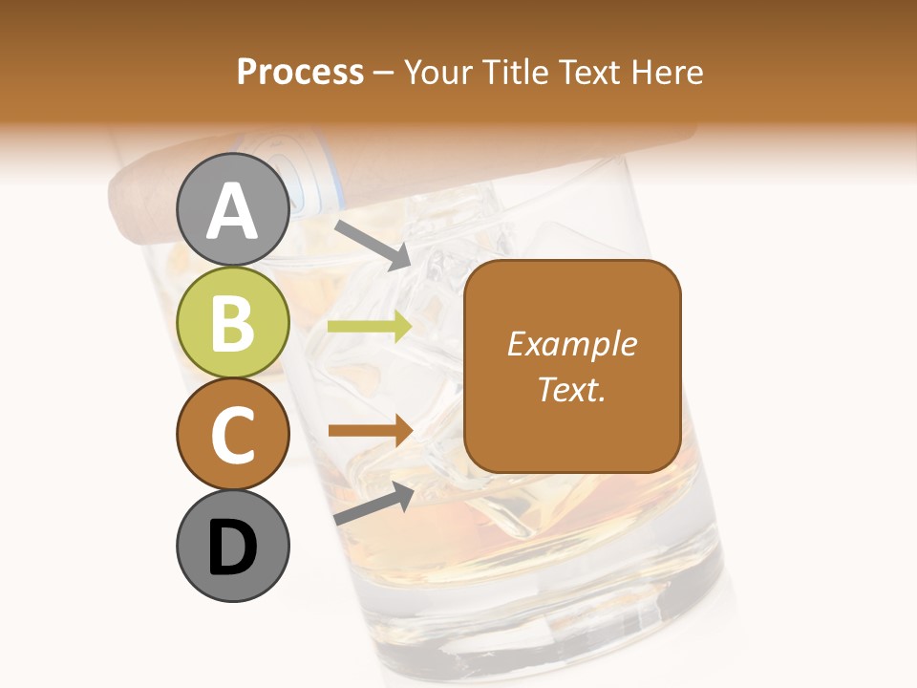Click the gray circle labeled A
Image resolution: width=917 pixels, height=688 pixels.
coord(233,209)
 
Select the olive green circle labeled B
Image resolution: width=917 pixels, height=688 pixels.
coord(233,321)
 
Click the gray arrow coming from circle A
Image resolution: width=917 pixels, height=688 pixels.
coord(373,244)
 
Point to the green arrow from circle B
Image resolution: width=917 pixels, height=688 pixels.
coord(370,327)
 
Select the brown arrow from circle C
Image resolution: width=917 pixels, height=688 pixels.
coord(370,431)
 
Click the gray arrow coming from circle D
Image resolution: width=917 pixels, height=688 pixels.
coord(373,503)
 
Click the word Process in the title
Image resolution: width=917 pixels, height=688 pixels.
coord(300,72)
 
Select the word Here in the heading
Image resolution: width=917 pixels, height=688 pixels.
coord(669,72)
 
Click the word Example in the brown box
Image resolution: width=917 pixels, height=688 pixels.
coord(571,344)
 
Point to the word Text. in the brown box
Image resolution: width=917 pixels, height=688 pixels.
coord(571,389)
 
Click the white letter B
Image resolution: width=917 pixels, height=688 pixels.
coord(233,322)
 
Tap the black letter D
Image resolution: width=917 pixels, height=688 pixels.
coord(233,547)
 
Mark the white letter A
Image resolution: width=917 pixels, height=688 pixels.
coord(233,210)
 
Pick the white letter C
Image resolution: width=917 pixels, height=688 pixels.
coord(233,434)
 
